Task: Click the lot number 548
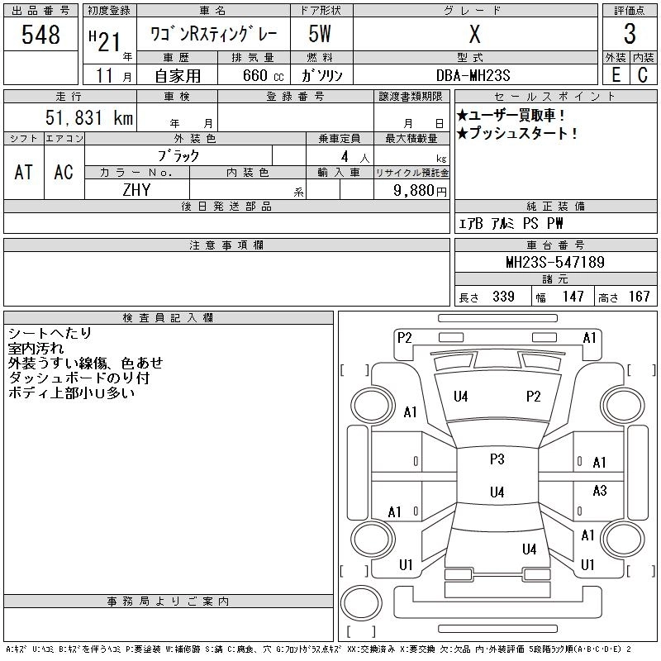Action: coord(41,35)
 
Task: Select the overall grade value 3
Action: coord(630,35)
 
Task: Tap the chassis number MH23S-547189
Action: coord(555,263)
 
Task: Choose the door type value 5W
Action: coord(321,35)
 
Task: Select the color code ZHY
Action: coord(137,190)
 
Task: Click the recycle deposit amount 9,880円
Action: coord(421,190)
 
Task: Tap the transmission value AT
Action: coord(23,172)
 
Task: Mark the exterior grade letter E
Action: coord(616,74)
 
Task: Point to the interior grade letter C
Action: coord(642,74)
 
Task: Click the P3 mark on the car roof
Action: coord(497,459)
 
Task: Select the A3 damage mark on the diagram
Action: coord(600,491)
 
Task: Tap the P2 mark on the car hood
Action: coord(533,396)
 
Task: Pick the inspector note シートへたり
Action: coord(49,333)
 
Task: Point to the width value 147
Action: coord(573,297)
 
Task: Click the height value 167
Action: coord(639,297)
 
